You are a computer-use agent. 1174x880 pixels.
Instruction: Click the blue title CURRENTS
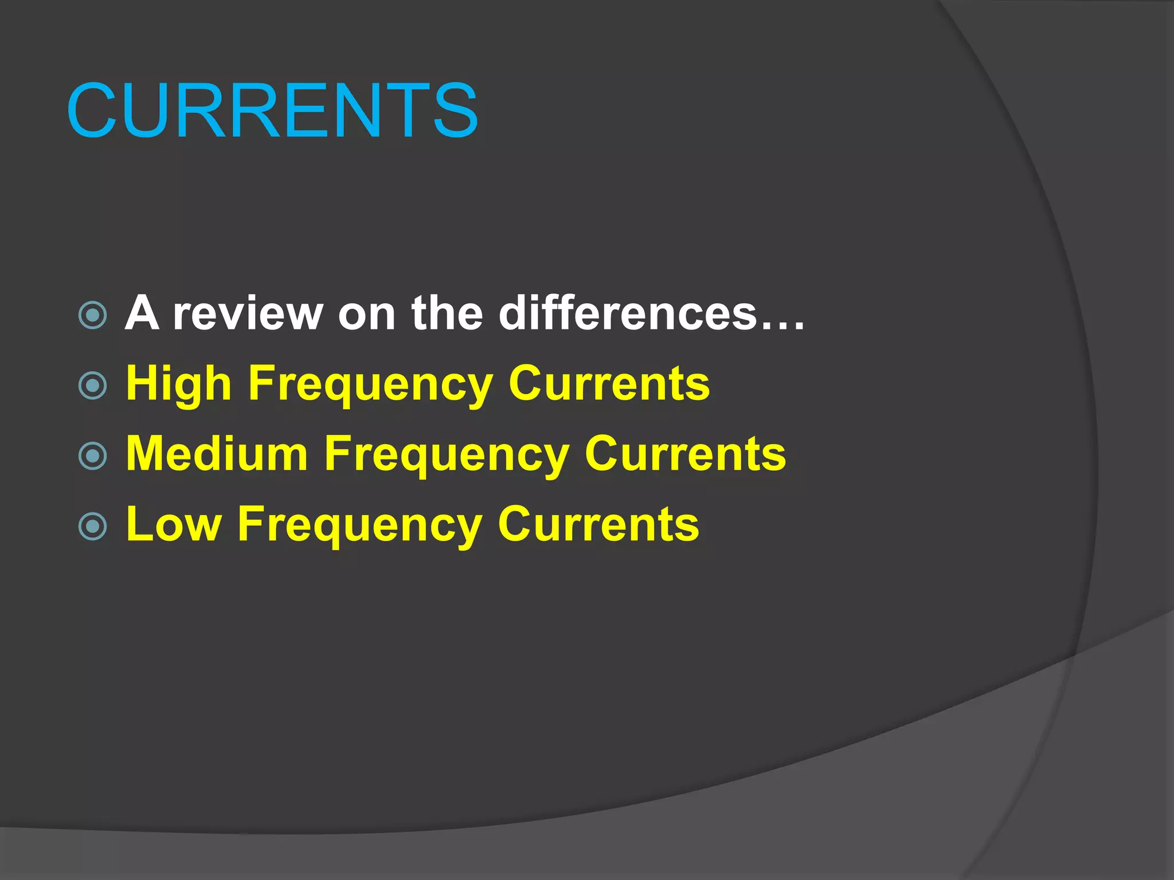[272, 111]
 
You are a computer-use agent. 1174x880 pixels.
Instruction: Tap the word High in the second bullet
[178, 384]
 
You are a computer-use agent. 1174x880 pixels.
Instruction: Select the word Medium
[217, 454]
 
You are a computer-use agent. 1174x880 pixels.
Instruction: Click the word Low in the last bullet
[174, 524]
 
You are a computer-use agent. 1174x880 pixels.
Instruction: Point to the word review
[248, 313]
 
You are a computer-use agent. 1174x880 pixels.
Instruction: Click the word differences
[628, 313]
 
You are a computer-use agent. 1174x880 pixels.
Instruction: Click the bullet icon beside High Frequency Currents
[92, 386]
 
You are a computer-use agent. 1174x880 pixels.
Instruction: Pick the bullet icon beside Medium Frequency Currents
[92, 456]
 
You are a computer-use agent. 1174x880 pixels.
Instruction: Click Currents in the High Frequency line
[609, 384]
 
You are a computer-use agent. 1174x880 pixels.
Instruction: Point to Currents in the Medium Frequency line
[685, 454]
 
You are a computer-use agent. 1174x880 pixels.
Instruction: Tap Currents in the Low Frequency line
[598, 524]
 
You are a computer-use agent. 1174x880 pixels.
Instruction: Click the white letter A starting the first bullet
[142, 313]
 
